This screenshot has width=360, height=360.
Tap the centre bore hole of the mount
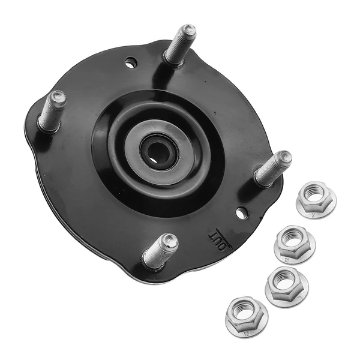(159, 151)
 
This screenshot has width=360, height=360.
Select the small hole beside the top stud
(131, 62)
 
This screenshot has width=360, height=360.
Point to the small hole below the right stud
(241, 212)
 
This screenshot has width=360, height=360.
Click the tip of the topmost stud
(188, 30)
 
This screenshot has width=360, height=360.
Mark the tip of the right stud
(284, 158)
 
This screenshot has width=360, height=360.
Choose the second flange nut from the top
(294, 243)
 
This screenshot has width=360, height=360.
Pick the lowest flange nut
(246, 316)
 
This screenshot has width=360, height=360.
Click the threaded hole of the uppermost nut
(314, 193)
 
